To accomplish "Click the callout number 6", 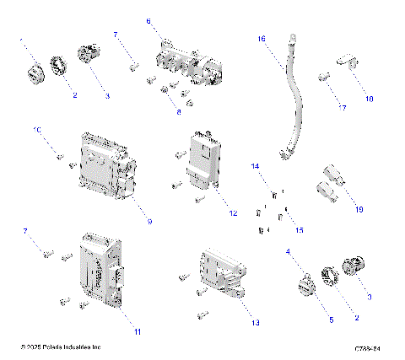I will pyautogui.click(x=148, y=20).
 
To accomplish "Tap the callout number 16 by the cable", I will pyautogui.click(x=262, y=39).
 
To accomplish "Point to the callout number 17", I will pyautogui.click(x=343, y=108).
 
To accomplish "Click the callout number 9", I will pyautogui.click(x=149, y=222).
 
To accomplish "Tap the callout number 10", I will pyautogui.click(x=37, y=129).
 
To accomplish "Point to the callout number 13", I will pyautogui.click(x=256, y=323).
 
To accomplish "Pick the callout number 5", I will pyautogui.click(x=331, y=320).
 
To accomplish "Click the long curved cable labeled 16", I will pyautogui.click(x=294, y=97).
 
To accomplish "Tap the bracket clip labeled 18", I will pyautogui.click(x=347, y=61).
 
